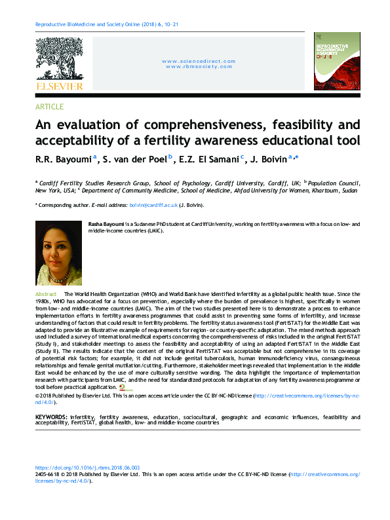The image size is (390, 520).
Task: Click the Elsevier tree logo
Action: coord(58,58)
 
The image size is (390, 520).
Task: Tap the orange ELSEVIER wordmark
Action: coord(59,86)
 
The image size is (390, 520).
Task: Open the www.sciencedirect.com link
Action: coord(199,61)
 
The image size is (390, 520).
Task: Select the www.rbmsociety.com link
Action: coord(199,66)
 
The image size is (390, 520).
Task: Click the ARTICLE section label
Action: coord(49,107)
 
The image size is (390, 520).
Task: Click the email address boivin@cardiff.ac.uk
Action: coord(153,206)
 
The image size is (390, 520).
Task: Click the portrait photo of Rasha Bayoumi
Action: coord(58,253)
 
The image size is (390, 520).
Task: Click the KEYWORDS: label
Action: coord(50,417)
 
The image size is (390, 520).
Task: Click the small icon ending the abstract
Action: coord(122,388)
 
